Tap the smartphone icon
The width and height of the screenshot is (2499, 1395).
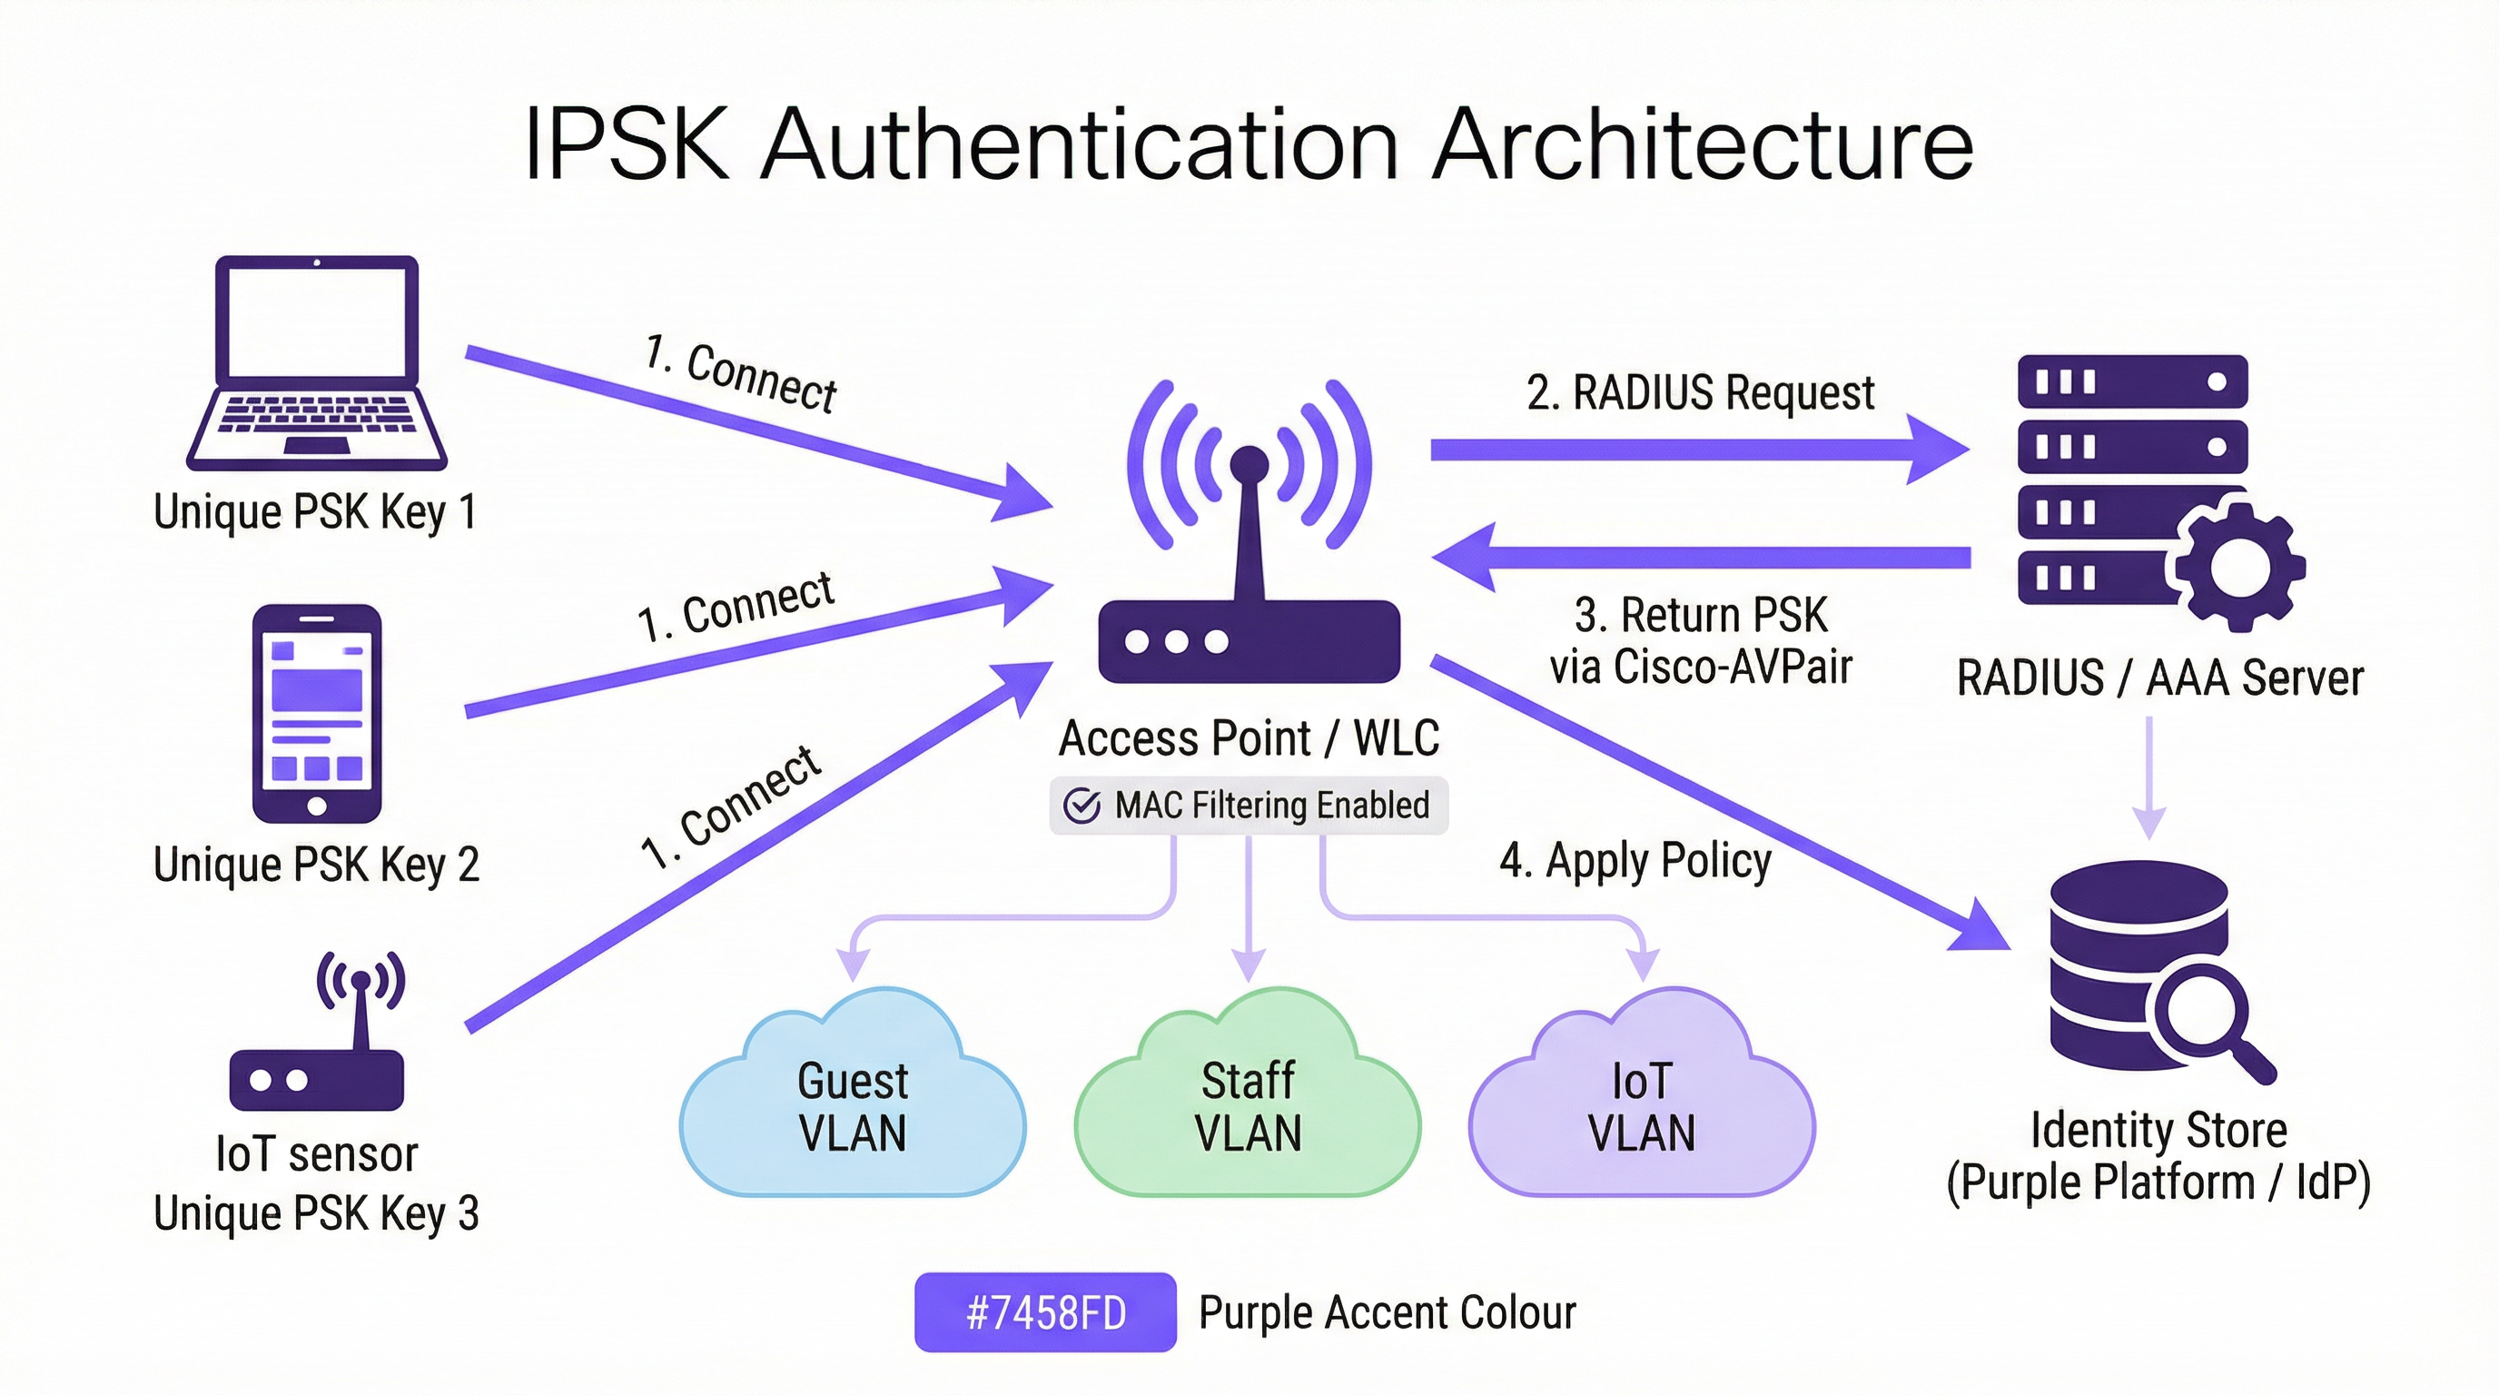click(316, 714)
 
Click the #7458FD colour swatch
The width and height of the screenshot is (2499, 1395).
click(1045, 1312)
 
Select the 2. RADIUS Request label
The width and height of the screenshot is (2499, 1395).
click(1700, 393)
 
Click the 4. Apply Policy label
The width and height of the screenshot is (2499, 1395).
click(1635, 860)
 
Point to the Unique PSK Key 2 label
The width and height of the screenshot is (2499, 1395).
click(316, 865)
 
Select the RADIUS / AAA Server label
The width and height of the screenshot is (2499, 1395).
click(2159, 678)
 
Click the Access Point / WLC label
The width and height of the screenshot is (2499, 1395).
click(1249, 738)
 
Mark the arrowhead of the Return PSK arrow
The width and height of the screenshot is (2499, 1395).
click(1465, 557)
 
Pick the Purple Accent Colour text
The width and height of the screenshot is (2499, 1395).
click(1388, 1312)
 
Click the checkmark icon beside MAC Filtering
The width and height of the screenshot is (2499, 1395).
click(1082, 806)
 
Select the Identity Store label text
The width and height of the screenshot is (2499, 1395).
click(2158, 1131)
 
